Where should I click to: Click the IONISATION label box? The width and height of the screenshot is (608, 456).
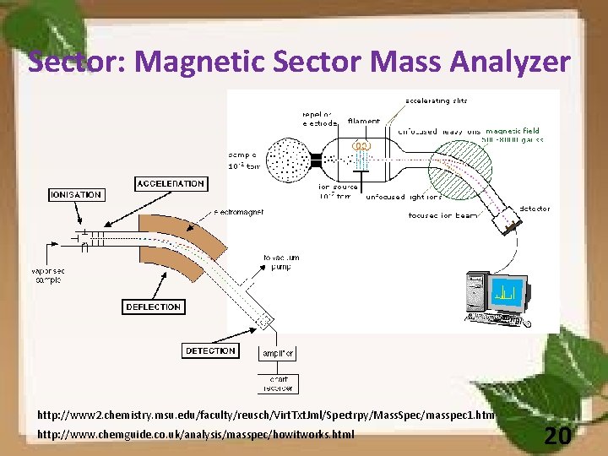pyautogui.click(x=75, y=194)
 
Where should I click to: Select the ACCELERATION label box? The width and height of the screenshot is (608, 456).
pyautogui.click(x=171, y=183)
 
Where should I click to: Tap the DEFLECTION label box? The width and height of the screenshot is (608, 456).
pyautogui.click(x=153, y=307)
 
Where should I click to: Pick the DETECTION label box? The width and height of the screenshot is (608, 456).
pyautogui.click(x=210, y=350)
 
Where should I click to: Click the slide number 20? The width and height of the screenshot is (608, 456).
pyautogui.click(x=556, y=435)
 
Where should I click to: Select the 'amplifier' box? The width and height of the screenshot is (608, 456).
pyautogui.click(x=278, y=352)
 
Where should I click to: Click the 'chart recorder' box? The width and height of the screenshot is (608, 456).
pyautogui.click(x=278, y=383)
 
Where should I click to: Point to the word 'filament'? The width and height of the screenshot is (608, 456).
pyautogui.click(x=363, y=122)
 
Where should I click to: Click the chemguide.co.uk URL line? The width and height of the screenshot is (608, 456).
pyautogui.click(x=196, y=435)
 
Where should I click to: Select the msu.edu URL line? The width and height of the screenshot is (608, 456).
pyautogui.click(x=267, y=416)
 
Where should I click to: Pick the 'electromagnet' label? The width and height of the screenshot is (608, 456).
pyautogui.click(x=238, y=212)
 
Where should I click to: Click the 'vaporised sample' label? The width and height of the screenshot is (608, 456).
pyautogui.click(x=48, y=274)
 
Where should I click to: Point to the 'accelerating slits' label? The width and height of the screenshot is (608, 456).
pyautogui.click(x=437, y=100)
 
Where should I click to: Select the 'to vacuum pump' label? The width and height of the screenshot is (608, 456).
pyautogui.click(x=281, y=263)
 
